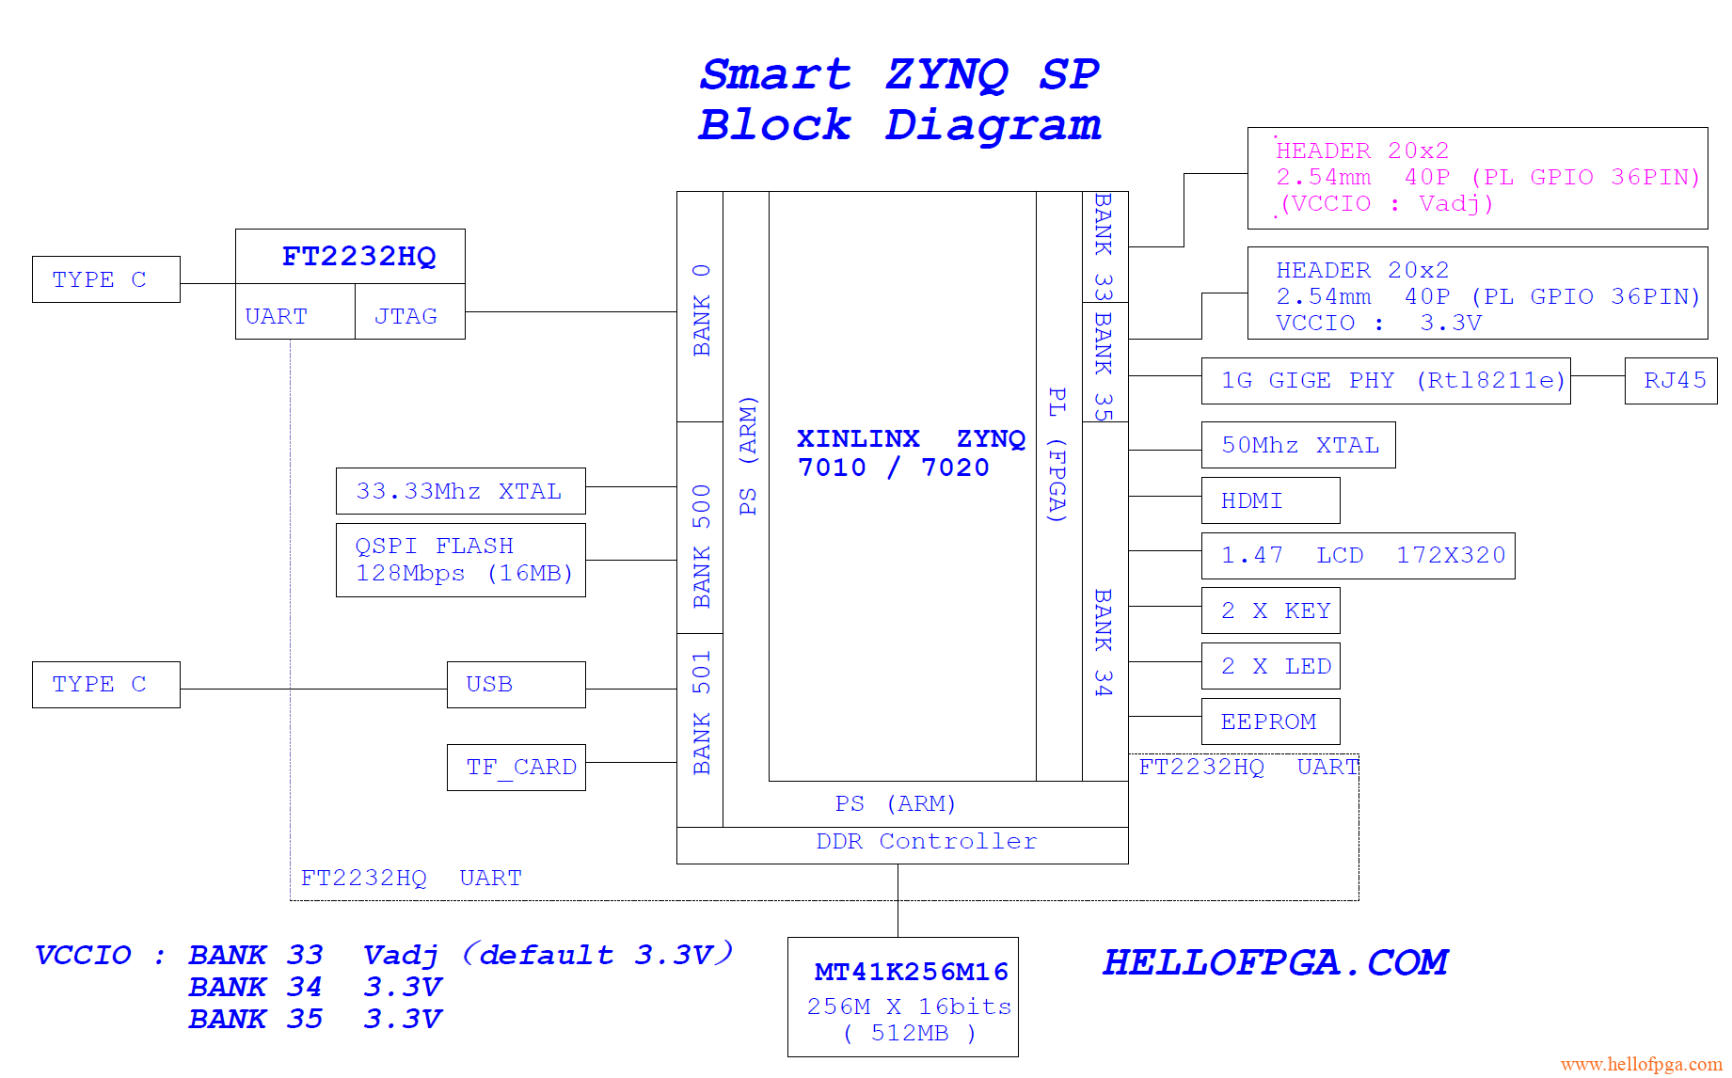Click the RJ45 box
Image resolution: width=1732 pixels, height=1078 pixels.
(1670, 381)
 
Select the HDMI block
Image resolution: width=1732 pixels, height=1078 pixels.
(1270, 500)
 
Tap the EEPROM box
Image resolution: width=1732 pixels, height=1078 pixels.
(1270, 721)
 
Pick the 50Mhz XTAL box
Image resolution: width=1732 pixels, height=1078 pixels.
(1298, 445)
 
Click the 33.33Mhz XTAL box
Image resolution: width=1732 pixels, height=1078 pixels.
(460, 491)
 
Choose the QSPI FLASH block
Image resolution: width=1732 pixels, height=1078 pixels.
(460, 560)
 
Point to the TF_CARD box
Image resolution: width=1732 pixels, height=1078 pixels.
(516, 768)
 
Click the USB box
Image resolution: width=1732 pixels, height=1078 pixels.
(516, 685)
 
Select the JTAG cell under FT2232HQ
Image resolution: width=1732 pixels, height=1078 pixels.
(409, 315)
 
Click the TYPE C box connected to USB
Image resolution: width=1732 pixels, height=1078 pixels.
(105, 685)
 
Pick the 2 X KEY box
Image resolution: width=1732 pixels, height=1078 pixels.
(1270, 611)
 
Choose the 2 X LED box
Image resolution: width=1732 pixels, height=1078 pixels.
(1270, 667)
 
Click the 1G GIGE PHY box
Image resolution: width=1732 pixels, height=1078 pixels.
(1386, 381)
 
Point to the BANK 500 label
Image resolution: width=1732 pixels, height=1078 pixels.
(701, 546)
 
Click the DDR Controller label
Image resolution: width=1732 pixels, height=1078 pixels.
(927, 842)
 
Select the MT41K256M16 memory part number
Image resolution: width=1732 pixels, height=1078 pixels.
(911, 972)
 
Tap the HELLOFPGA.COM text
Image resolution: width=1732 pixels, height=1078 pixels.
(1275, 962)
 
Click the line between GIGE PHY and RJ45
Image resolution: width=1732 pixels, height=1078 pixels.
(1597, 376)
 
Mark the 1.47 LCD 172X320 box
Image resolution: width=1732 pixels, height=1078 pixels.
(1358, 556)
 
